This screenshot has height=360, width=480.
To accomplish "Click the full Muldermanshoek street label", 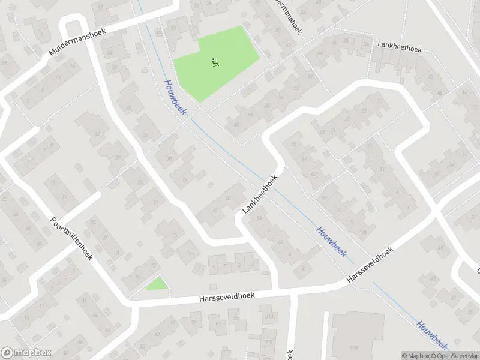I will pos(77,43).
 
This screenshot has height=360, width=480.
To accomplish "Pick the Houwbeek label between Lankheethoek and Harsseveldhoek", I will pos(331,242).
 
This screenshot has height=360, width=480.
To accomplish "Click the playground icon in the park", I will pos(215,61).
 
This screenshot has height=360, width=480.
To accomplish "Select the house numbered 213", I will pos(269,317).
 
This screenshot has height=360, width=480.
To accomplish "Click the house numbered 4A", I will pos(281,242).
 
